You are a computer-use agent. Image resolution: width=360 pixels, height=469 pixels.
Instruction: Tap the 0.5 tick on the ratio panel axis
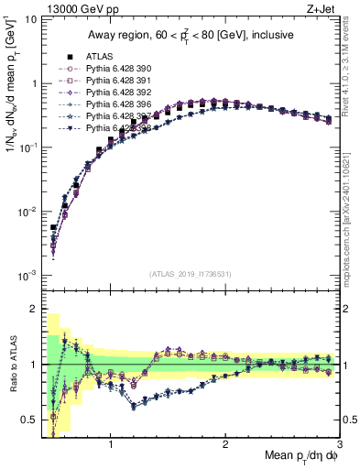pyautogui.click(x=27, y=420)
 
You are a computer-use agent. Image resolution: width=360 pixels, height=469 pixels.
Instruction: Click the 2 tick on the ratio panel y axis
pyautogui.click(x=32, y=309)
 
